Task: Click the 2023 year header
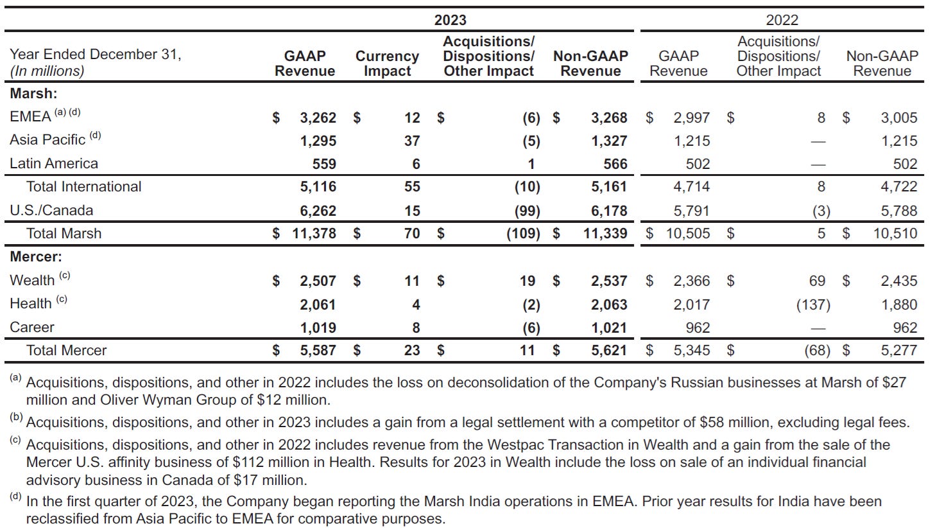[x=450, y=20]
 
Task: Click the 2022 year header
[x=782, y=20]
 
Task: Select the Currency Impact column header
[x=387, y=64]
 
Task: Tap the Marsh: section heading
[x=33, y=93]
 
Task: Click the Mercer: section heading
[x=36, y=257]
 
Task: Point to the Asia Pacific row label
[x=47, y=140]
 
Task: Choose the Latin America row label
[x=54, y=164]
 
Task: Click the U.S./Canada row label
[x=51, y=211]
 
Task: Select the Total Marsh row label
[x=64, y=233]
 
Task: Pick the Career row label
[x=32, y=328]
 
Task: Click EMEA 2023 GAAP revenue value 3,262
[x=318, y=118]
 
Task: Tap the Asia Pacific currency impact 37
[x=412, y=141]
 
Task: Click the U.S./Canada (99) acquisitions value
[x=523, y=211]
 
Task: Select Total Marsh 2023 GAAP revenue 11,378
[x=314, y=233]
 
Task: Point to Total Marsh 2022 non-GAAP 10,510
[x=895, y=233]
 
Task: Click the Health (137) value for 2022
[x=813, y=304]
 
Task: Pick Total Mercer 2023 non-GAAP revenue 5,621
[x=609, y=350]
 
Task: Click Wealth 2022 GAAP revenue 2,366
[x=691, y=281]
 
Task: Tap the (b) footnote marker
[x=15, y=418]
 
